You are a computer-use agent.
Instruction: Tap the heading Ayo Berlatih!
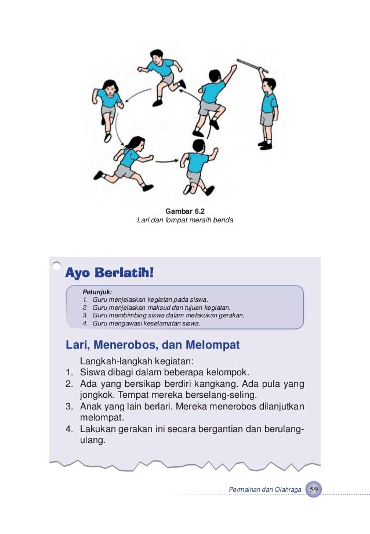[x=109, y=272]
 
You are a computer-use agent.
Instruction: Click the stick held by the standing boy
[x=248, y=63]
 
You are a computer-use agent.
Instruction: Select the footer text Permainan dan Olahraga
[x=265, y=490]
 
